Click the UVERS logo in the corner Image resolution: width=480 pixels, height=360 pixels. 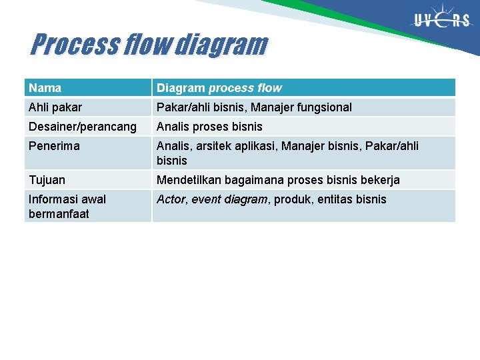(x=441, y=21)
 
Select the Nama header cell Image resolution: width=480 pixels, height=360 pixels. (x=45, y=88)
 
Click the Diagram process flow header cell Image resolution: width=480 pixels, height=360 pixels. (x=219, y=88)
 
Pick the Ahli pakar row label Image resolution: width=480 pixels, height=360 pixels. (x=55, y=107)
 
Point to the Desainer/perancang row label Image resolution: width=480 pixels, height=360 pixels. (x=82, y=127)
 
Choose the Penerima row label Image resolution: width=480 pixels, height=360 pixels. (x=54, y=146)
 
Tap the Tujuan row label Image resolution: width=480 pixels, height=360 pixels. (x=47, y=180)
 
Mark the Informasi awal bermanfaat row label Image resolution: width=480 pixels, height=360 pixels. (x=67, y=206)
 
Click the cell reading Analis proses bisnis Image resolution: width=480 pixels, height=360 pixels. (x=209, y=127)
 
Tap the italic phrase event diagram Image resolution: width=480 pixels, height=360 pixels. (x=229, y=199)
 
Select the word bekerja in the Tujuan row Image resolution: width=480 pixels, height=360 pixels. (x=381, y=180)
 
